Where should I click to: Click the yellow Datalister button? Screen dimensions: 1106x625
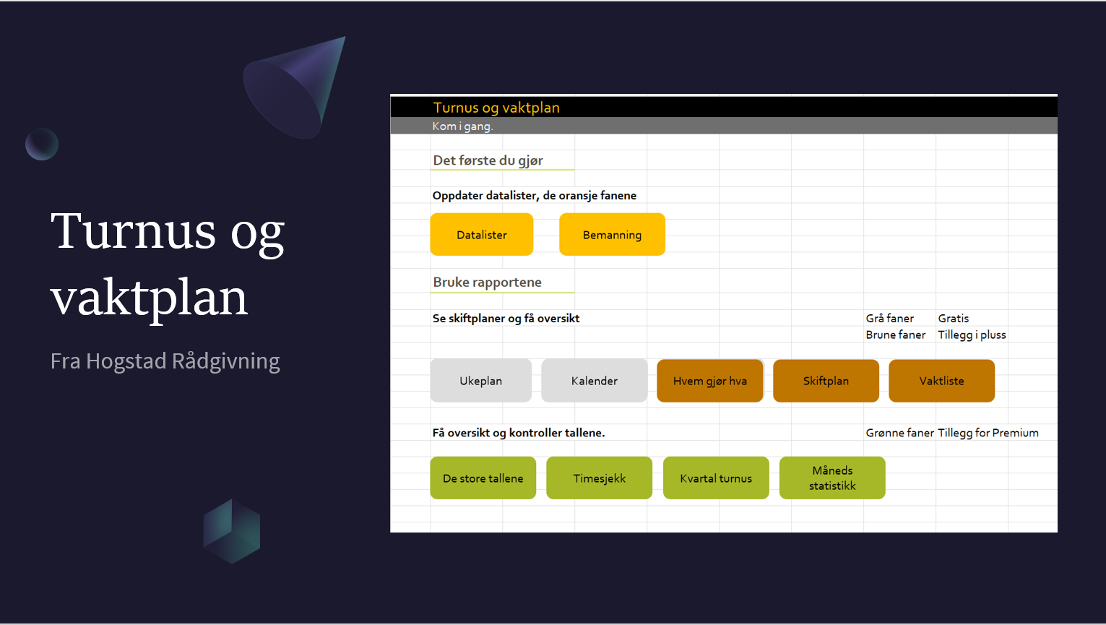[481, 235]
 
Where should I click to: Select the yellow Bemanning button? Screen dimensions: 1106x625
[612, 235]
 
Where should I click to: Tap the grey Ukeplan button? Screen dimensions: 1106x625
[480, 381]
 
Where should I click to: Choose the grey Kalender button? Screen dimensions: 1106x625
[594, 381]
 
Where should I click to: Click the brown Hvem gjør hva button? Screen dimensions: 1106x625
[709, 381]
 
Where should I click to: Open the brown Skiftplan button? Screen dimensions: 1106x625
[826, 381]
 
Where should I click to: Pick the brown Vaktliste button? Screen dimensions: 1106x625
[941, 381]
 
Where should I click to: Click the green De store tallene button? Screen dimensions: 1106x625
[483, 478]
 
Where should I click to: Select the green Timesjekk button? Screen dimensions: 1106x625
[599, 478]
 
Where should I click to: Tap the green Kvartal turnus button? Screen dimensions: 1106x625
[715, 478]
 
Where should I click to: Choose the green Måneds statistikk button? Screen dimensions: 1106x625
[832, 478]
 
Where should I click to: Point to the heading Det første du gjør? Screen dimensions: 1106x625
[488, 160]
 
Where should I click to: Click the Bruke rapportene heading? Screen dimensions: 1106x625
[488, 282]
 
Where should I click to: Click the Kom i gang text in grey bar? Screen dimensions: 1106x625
[462, 126]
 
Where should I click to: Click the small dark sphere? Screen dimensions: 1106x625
[42, 145]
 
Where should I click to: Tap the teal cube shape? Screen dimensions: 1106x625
[232, 532]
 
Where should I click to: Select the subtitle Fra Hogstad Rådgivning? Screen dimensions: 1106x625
[165, 361]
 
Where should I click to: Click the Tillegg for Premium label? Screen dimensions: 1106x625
[988, 433]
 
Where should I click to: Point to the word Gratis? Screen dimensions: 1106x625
[954, 319]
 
